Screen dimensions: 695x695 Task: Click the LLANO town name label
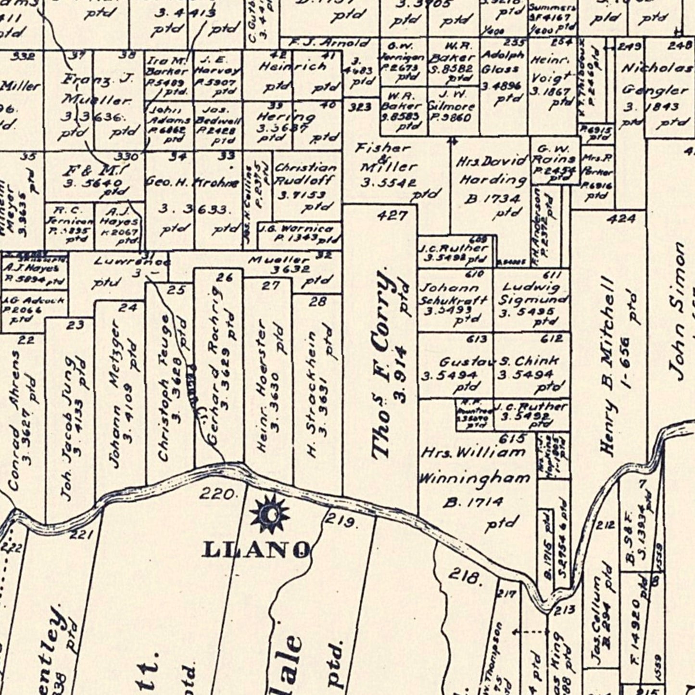click(x=256, y=549)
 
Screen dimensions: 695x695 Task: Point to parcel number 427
click(x=392, y=215)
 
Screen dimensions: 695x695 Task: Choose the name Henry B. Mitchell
click(x=608, y=366)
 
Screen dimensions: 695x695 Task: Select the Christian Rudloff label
click(x=305, y=174)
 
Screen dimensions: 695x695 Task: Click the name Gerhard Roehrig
click(x=214, y=366)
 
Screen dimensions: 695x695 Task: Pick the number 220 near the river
click(x=217, y=493)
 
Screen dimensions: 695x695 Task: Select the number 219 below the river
click(x=341, y=520)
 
